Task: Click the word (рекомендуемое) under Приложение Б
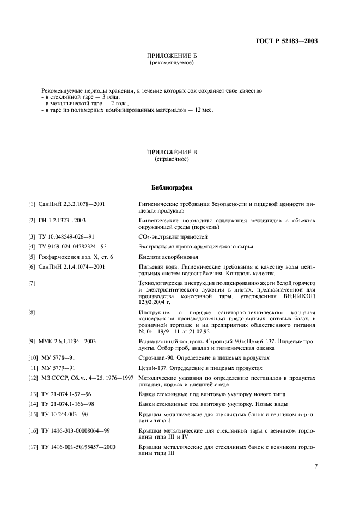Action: click(x=172, y=63)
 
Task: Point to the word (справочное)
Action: click(x=172, y=160)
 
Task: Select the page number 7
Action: click(x=316, y=466)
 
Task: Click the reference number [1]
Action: click(x=32, y=204)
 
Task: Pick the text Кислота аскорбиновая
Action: click(x=168, y=257)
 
